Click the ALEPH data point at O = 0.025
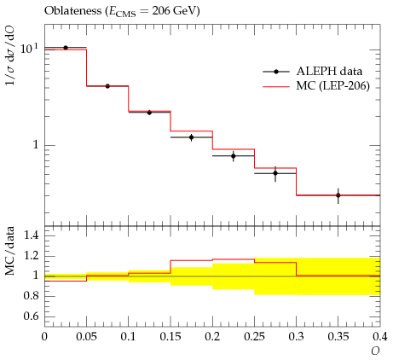(66, 48)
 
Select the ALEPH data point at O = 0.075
(107, 86)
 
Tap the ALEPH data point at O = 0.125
(149, 113)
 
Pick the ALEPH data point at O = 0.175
(192, 137)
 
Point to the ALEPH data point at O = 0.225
(234, 156)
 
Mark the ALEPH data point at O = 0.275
(275, 173)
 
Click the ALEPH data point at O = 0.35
(338, 195)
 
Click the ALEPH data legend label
(329, 72)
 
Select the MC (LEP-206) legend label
(333, 86)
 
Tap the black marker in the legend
(276, 72)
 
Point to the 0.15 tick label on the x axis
(170, 337)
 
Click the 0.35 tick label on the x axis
(338, 337)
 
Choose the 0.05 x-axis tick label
(86, 337)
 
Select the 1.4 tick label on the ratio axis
(31, 235)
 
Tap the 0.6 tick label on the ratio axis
(31, 316)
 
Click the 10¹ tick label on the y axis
(29, 49)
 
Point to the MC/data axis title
(10, 251)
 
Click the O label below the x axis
(375, 351)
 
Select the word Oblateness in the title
(72, 11)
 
